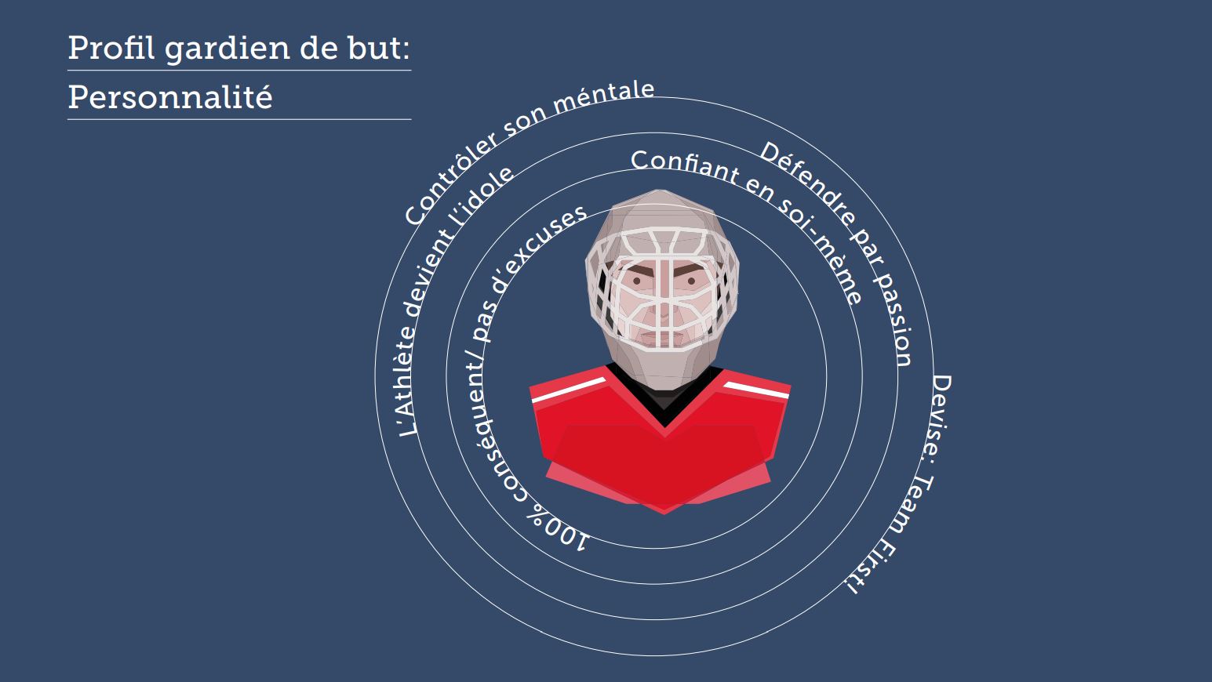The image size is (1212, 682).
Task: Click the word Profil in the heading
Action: [111, 48]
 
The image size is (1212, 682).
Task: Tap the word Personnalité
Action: [170, 97]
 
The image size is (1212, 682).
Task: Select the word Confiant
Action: [685, 167]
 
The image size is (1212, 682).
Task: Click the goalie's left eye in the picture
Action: [690, 281]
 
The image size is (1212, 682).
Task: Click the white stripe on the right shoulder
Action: [756, 390]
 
